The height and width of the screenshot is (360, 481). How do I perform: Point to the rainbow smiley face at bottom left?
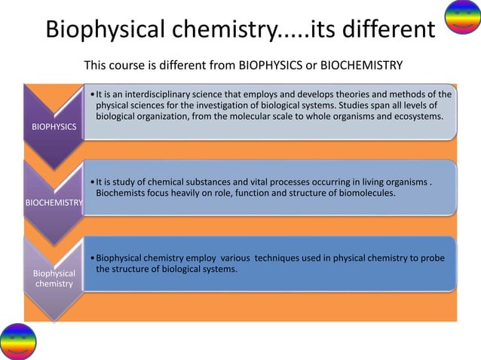(x=18, y=341)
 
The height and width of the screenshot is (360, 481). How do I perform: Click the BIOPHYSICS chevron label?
(x=54, y=127)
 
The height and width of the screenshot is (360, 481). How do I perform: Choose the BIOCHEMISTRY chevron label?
(x=53, y=203)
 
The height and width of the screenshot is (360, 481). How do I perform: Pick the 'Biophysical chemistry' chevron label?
(x=53, y=279)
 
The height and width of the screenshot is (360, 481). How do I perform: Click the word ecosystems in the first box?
(x=414, y=118)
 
